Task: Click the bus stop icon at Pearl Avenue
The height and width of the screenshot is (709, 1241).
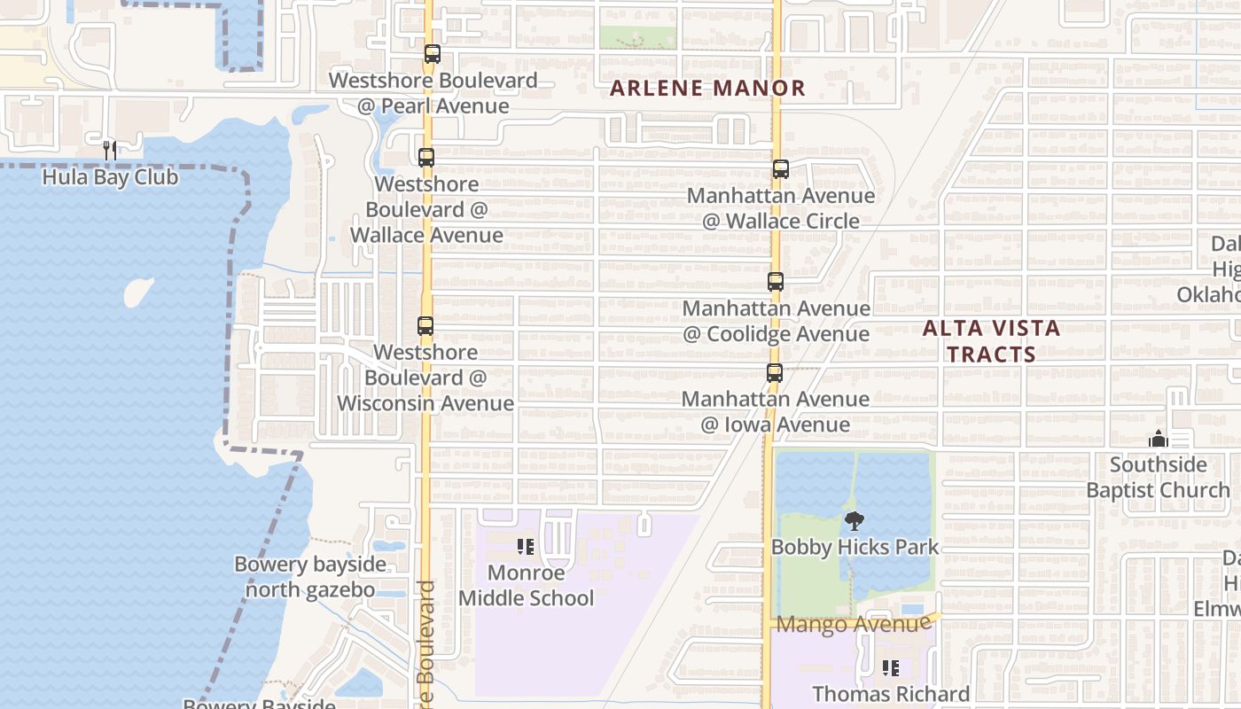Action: click(432, 54)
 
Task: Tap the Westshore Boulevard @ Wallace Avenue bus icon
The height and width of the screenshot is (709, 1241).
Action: click(426, 158)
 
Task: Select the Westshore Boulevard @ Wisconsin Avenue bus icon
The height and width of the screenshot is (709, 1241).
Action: click(425, 326)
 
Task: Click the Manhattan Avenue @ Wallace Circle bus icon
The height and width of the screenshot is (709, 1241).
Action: click(780, 169)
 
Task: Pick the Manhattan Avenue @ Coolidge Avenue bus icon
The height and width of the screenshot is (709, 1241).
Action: click(776, 282)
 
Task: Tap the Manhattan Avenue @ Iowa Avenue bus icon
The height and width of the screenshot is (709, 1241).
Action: click(775, 373)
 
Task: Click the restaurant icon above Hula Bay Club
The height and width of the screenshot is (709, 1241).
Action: click(110, 151)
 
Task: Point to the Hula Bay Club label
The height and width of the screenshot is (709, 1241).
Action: click(110, 177)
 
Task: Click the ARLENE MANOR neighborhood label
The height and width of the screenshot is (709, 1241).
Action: click(707, 89)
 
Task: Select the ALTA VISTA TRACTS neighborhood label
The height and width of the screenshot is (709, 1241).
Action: click(991, 341)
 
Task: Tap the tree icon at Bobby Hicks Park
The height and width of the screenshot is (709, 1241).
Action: click(854, 521)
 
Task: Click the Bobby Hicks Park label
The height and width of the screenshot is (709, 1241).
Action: click(854, 548)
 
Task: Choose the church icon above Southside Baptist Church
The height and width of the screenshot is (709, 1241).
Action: click(1158, 439)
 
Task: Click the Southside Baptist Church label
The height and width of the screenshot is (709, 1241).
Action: click(1158, 478)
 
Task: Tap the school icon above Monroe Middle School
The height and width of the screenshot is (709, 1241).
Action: click(526, 547)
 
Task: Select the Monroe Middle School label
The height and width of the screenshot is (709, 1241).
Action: click(526, 586)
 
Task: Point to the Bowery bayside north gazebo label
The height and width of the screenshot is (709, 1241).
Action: click(310, 577)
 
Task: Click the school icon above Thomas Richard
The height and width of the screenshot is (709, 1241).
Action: click(891, 668)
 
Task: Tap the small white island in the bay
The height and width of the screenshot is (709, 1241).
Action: click(137, 292)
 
